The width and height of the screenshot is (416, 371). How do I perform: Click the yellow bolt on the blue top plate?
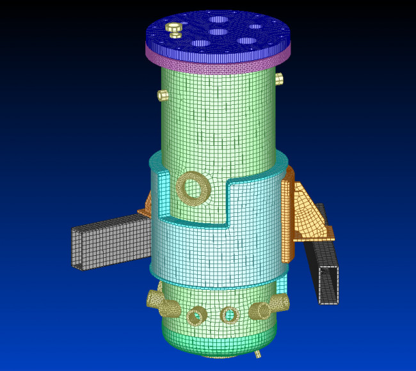(173, 27)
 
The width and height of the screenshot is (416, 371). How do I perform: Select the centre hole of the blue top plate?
(218, 31)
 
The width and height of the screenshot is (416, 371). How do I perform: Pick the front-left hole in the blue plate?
(201, 43)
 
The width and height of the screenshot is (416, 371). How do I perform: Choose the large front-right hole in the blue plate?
(246, 42)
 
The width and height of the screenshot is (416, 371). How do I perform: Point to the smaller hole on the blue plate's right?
(255, 27)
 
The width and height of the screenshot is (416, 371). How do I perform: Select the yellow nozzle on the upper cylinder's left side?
(163, 95)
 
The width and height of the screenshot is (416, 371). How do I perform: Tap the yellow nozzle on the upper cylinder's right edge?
(279, 79)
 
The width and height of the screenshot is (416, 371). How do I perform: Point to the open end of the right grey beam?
(328, 285)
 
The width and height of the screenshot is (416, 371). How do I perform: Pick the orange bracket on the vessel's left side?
(147, 204)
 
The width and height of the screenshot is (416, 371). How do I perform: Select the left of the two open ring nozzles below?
(196, 315)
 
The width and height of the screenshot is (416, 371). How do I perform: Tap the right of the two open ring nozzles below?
(228, 315)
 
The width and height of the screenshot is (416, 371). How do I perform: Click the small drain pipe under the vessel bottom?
(258, 354)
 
